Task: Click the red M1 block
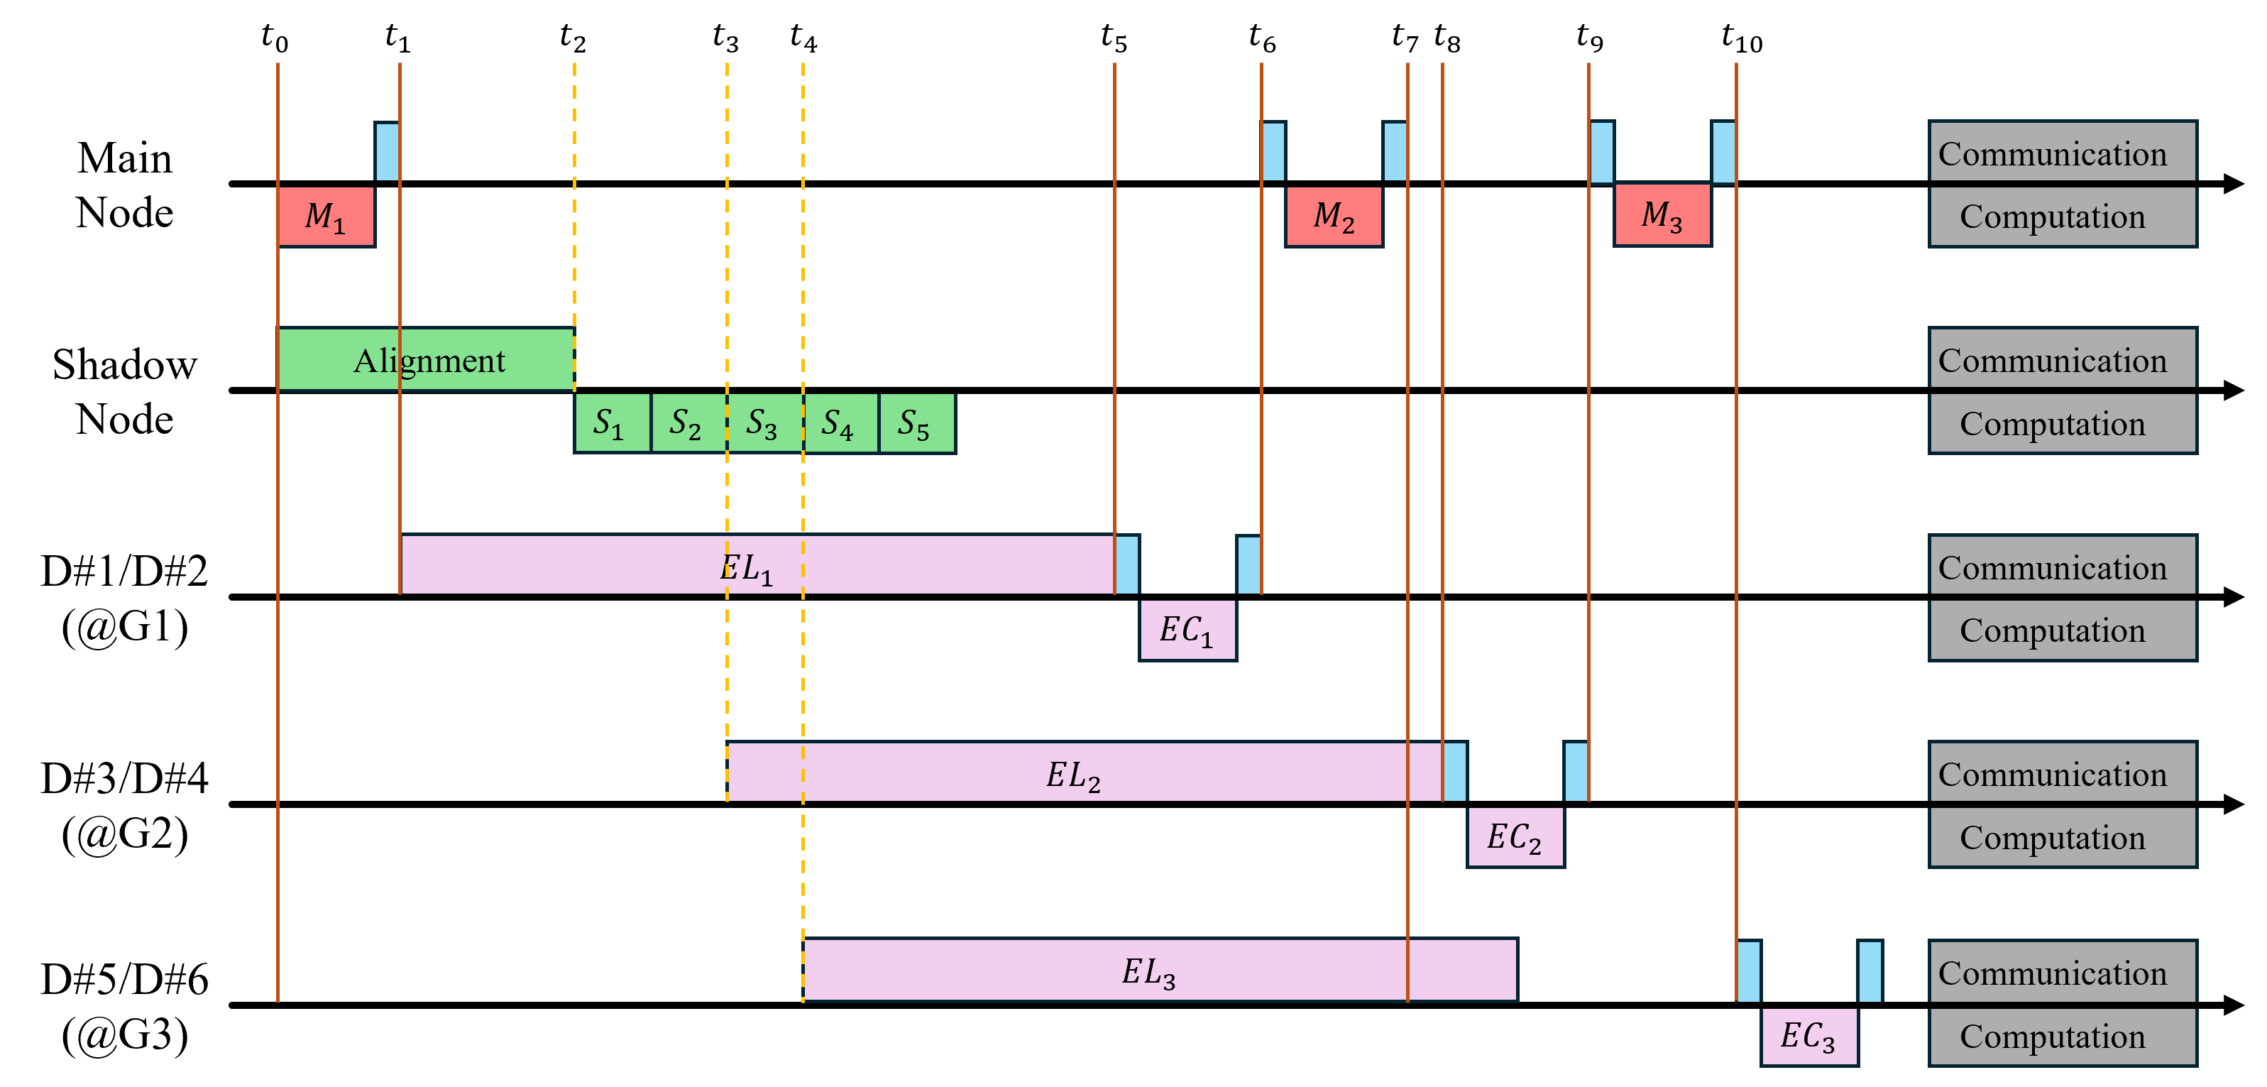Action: click(326, 217)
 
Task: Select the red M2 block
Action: click(1333, 217)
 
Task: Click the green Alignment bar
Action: click(427, 360)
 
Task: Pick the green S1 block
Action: click(612, 423)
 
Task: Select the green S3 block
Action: click(764, 423)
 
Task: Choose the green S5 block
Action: click(916, 423)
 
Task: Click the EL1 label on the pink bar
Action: click(746, 568)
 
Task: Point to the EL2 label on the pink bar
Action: click(1072, 775)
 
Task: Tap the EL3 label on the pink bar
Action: click(1148, 973)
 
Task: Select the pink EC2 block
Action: click(1515, 837)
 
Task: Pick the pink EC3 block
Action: click(1808, 1036)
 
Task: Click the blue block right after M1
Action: click(388, 151)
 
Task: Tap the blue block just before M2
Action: click(1273, 151)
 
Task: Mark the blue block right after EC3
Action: click(1870, 971)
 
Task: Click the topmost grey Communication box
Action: click(2062, 152)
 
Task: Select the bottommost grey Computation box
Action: click(2062, 1036)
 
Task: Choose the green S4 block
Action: click(840, 423)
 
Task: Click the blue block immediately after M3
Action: click(1722, 151)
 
